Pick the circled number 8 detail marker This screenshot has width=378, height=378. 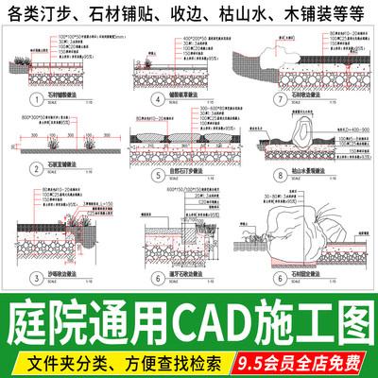point(268,176)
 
